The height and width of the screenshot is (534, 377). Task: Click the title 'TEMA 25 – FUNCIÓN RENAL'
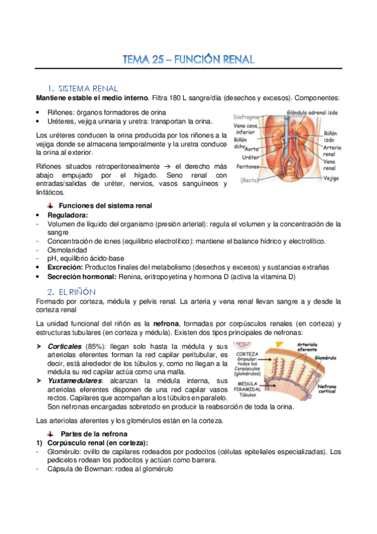188,60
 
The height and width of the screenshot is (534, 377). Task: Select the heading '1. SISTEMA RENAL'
82,89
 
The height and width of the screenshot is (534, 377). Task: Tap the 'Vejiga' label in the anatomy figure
332,178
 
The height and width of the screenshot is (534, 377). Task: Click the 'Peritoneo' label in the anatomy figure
249,167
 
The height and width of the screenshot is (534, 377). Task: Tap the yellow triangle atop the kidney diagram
281,344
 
